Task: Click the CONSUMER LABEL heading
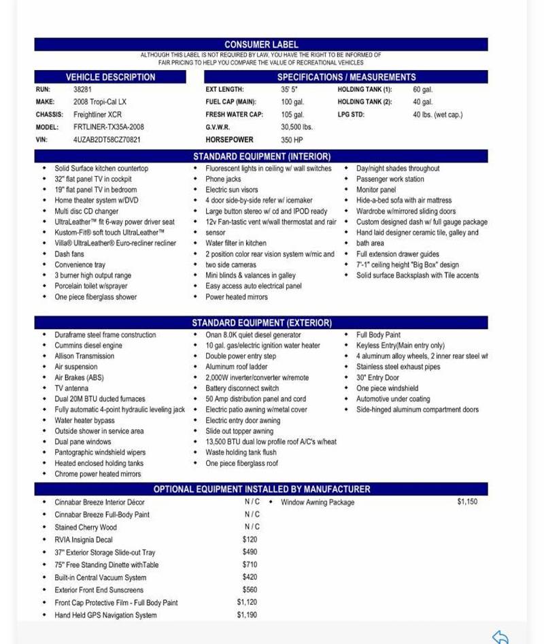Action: pos(261,44)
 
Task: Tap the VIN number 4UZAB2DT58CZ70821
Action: pos(107,139)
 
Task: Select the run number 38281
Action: pos(82,89)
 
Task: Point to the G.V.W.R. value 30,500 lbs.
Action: pos(296,127)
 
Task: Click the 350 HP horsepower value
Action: pos(292,140)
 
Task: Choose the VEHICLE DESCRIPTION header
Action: pos(110,77)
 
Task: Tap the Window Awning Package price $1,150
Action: pos(466,502)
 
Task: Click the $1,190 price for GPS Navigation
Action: pos(247,615)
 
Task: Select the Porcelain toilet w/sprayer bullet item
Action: pos(90,286)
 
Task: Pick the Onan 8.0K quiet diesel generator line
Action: pos(253,335)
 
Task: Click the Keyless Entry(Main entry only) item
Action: pos(400,345)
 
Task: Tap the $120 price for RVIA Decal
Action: pos(250,539)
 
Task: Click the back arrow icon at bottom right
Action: pos(500,637)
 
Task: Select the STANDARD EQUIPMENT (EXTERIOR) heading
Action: pos(261,322)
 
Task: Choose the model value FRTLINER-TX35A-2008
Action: pos(108,127)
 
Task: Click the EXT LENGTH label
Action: pos(224,89)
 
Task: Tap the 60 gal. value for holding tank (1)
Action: pos(422,89)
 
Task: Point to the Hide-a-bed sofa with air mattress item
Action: pos(403,201)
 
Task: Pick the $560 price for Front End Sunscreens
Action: pos(250,590)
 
